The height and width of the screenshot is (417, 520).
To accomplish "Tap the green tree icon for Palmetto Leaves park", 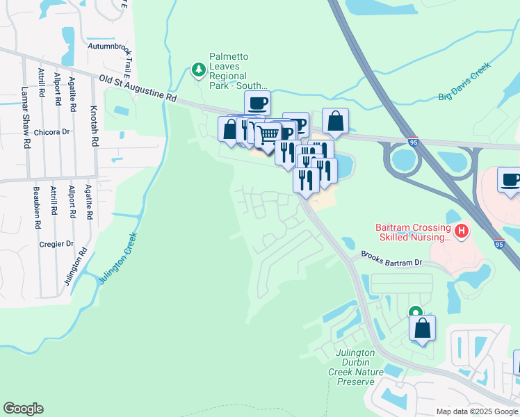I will tap(199, 69).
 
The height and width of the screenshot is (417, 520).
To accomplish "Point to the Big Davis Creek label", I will tap(464, 82).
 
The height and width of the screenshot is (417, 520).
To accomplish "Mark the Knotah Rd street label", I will tap(94, 126).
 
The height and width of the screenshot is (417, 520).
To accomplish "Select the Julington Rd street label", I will tap(75, 265).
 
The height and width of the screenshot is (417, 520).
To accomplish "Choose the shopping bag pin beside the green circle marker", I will tap(422, 328).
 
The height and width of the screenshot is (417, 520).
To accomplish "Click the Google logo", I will tap(23, 409).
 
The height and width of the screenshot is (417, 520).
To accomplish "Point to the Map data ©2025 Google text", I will tap(476, 411).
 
